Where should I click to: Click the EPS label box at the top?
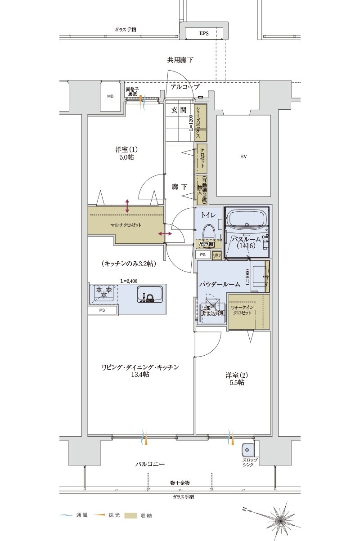tap(203, 33)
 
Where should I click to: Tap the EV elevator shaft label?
tap(243, 156)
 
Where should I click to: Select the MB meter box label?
tap(110, 96)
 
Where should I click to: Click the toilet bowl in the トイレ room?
tap(208, 235)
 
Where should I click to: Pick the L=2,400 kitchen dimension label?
tap(129, 281)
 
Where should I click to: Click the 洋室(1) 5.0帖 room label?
tap(124, 153)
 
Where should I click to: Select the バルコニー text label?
tap(150, 464)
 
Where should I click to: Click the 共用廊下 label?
tap(180, 60)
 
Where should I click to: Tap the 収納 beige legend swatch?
tap(130, 515)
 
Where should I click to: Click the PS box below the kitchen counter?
tap(103, 310)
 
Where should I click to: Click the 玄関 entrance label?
tap(179, 110)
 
